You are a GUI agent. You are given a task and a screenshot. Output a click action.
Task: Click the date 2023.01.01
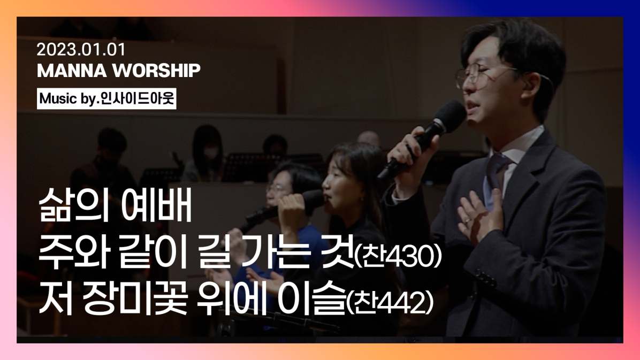click(81, 49)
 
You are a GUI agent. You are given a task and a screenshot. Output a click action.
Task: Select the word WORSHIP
click(156, 71)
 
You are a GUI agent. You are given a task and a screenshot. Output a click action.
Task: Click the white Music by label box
click(106, 98)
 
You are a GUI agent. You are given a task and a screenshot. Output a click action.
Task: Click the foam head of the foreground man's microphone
click(449, 116)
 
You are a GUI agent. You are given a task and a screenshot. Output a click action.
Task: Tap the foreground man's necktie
click(494, 175)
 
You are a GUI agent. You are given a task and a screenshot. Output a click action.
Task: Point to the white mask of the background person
click(211, 152)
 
